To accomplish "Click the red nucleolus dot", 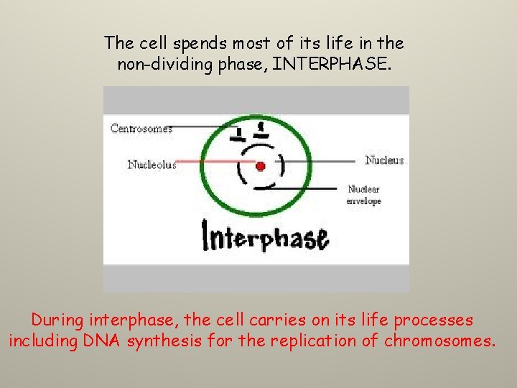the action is pyautogui.click(x=260, y=166).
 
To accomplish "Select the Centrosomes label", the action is pyautogui.click(x=141, y=129).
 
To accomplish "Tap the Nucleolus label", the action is pyautogui.click(x=152, y=165).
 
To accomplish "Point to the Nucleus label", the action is pyautogui.click(x=384, y=160).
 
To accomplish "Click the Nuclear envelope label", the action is pyautogui.click(x=363, y=195).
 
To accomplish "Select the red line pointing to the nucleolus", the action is pyautogui.click(x=215, y=162).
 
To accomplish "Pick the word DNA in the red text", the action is pyautogui.click(x=107, y=341).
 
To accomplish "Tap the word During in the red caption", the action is pyautogui.click(x=57, y=319).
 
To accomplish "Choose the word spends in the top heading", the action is pyautogui.click(x=187, y=42).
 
